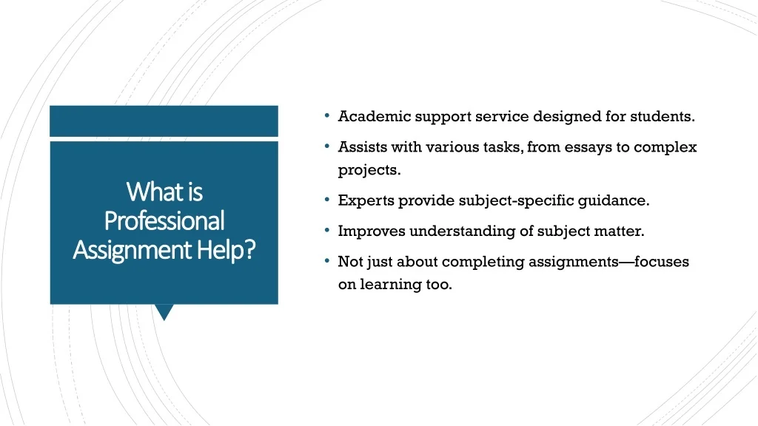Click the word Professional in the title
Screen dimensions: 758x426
tap(164, 220)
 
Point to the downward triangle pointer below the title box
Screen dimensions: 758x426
tap(164, 311)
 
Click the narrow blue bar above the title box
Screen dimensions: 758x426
tap(164, 121)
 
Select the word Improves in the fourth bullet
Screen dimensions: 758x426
tap(372, 231)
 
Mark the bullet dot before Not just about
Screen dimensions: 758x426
tap(327, 261)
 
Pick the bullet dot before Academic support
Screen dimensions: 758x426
tap(327, 116)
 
